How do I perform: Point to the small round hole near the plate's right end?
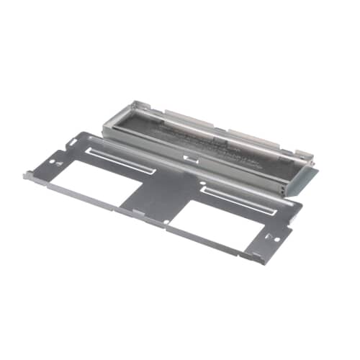pos(268,235)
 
